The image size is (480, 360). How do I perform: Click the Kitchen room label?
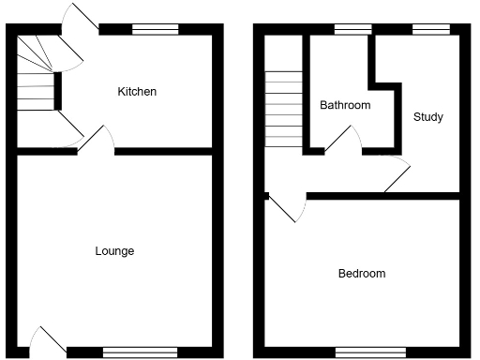point(137,92)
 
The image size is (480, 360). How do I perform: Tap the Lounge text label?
point(114,251)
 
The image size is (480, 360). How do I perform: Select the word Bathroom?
point(345,105)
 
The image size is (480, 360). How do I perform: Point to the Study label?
point(428,117)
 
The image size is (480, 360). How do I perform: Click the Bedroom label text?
point(362,274)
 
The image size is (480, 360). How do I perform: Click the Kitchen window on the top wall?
point(155,30)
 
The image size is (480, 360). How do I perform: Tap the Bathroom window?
point(351,30)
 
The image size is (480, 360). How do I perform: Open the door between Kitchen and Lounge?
point(97,139)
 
